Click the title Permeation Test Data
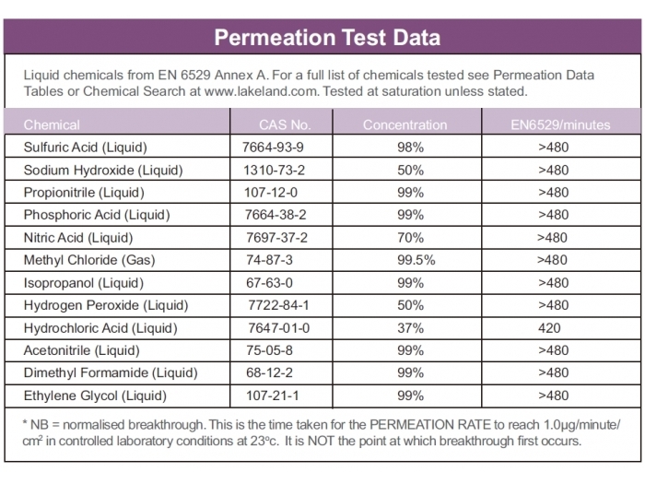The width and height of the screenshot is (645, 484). tap(327, 38)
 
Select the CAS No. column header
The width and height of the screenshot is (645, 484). tap(285, 124)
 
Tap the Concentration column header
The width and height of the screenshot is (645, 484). tap(405, 124)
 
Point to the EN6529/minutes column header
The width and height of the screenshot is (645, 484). tap(560, 124)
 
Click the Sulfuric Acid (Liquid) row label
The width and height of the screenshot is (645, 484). tap(86, 147)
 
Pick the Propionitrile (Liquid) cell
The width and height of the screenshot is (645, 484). tap(84, 193)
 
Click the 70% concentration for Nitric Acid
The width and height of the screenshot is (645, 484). tap(410, 237)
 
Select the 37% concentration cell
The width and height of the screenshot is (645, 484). tap(410, 327)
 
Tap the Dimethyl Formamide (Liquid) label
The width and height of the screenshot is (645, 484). tap(111, 372)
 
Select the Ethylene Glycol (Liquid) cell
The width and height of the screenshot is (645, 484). tap(96, 395)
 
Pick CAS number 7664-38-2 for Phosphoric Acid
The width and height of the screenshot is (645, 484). tap(273, 215)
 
